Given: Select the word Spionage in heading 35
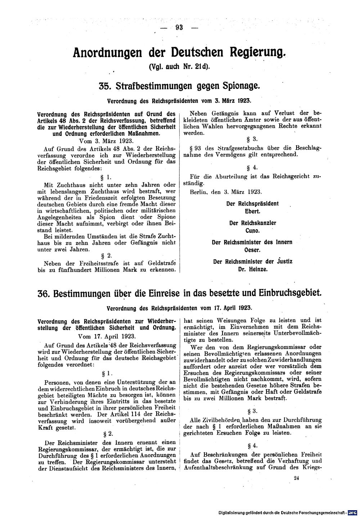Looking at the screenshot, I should click(x=238, y=86).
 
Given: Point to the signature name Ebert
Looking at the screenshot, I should click(x=252, y=211).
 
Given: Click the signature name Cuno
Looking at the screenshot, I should click(x=252, y=231).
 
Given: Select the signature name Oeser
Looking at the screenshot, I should click(x=252, y=250).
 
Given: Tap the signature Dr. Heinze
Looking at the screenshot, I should click(x=252, y=269).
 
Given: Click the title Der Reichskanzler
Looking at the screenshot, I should click(x=252, y=223).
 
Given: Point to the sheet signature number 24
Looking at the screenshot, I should click(x=296, y=478).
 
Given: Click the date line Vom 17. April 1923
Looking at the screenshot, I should click(x=107, y=336).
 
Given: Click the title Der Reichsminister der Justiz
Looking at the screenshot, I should click(x=252, y=262).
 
